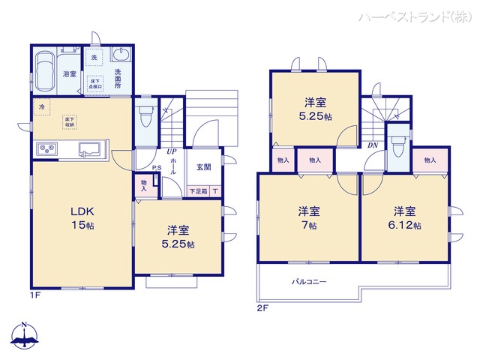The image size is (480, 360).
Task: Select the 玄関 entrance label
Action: click(204, 167)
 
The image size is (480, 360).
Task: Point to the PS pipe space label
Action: click(157, 168)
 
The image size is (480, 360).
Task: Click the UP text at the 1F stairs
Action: click(172, 152)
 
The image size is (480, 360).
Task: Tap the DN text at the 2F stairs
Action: click(373, 145)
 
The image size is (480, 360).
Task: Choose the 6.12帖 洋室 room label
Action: click(405, 218)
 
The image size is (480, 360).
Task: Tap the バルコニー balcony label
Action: click(309, 283)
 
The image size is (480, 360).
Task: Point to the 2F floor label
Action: click(262, 308)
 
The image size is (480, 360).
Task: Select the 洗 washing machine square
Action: click(94, 57)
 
